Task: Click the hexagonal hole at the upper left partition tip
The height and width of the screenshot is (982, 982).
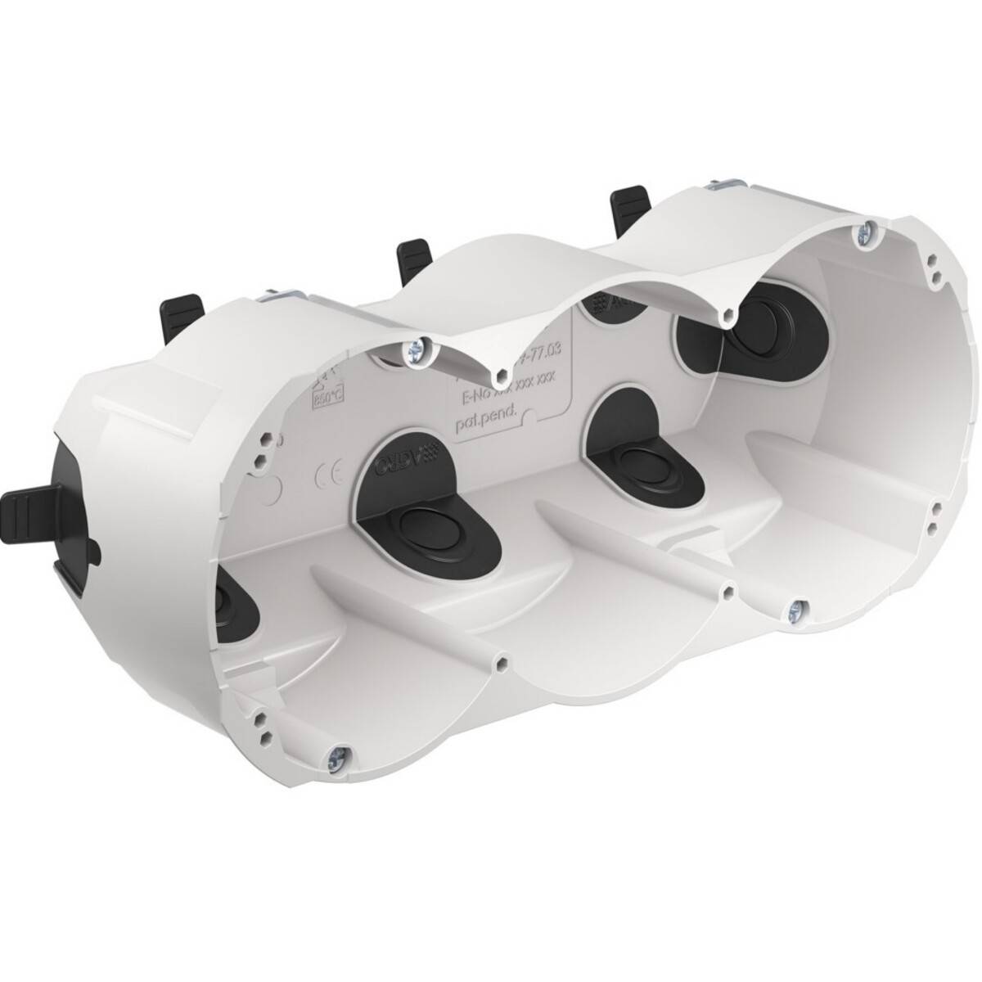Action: coord(499,377)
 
